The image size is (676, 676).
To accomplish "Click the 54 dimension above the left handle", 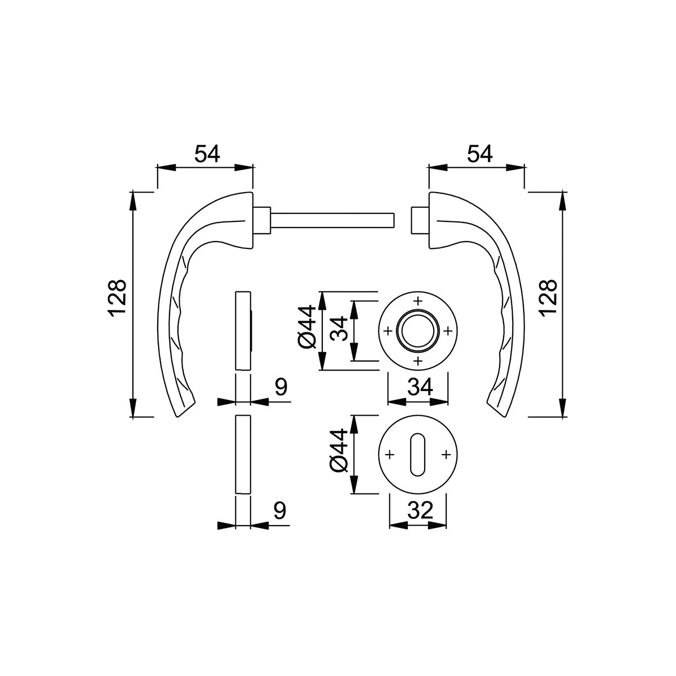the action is pos(207,154).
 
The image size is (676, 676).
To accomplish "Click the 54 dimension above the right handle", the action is pos(479,154).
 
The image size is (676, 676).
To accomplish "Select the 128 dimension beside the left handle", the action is pos(117,299).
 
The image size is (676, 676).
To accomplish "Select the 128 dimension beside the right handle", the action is pos(549,299).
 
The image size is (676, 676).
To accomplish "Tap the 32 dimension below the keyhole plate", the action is pos(420,510).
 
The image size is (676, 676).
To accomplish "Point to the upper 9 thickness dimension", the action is pos(281,387).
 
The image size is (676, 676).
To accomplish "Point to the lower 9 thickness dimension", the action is pos(279,510).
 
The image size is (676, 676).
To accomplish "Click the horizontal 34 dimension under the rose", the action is pos(420,388).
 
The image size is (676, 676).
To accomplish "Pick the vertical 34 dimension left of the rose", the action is pos(339,328).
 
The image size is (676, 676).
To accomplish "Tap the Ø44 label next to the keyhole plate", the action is pos(338,451).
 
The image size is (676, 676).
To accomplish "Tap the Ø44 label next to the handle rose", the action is pos(308,327).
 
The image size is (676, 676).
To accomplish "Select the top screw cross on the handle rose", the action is pos(417,301).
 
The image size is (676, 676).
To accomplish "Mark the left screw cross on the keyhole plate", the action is pos(389,455).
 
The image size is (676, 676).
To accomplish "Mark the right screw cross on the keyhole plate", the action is pos(446,455).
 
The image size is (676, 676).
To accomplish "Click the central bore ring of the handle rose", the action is pos(417,331).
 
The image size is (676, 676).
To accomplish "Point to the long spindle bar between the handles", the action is pos(332,220).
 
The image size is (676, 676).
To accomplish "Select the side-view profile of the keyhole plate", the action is pos(243,455).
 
